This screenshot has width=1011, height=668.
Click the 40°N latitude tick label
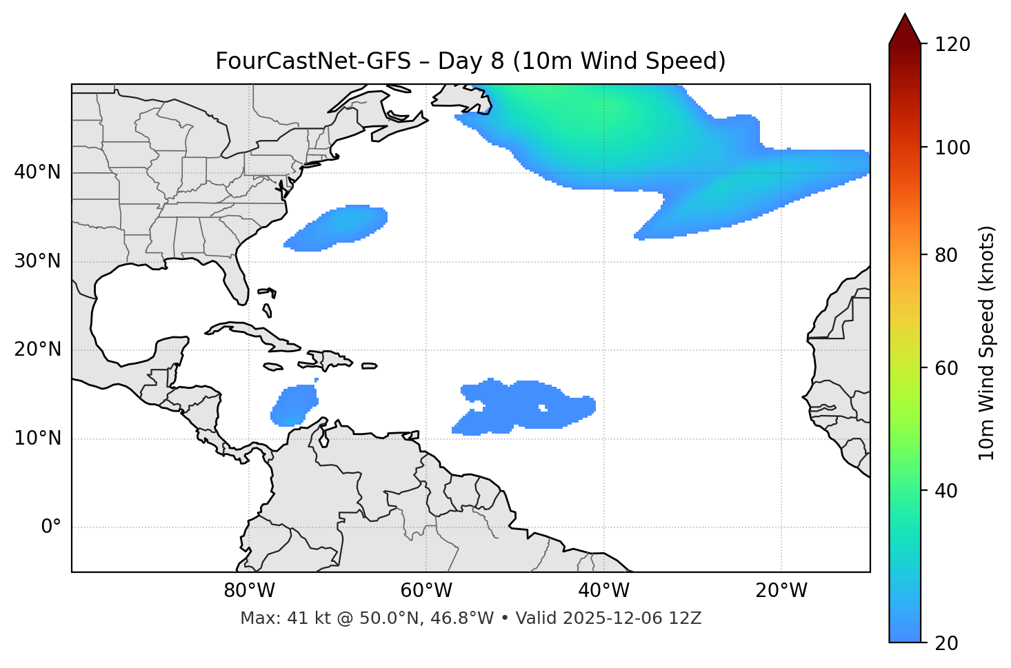pos(37,172)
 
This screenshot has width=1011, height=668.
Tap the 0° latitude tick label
pos(51,527)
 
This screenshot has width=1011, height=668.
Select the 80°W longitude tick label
pos(249,591)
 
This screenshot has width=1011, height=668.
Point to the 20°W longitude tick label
pos(781,591)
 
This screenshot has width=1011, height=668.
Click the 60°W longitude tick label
pos(426,591)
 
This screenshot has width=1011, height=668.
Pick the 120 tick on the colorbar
pos(952,44)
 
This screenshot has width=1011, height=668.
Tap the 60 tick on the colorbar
pos(947,368)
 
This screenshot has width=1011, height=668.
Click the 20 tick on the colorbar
pos(947,642)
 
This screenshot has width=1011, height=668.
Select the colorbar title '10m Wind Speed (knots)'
pos(987,343)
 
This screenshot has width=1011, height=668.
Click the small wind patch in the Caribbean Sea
pos(294,405)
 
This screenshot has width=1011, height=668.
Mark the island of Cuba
pos(252,332)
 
